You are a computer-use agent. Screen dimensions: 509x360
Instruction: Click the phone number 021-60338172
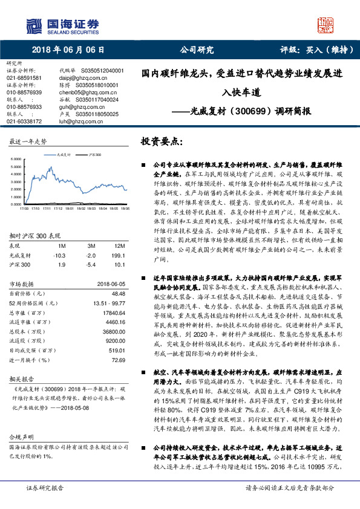click(24, 121)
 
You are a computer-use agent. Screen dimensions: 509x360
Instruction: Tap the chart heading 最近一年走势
click(28, 141)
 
